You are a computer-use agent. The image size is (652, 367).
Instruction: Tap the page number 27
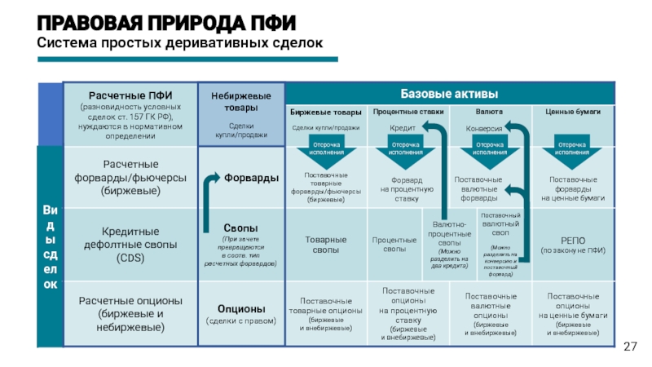click(629, 347)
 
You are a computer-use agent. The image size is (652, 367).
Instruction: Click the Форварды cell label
click(251, 178)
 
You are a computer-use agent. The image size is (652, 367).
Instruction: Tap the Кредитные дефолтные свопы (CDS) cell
click(130, 245)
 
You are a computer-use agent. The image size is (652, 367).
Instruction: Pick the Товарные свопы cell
click(326, 245)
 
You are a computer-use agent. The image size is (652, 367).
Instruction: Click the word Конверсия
click(483, 128)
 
